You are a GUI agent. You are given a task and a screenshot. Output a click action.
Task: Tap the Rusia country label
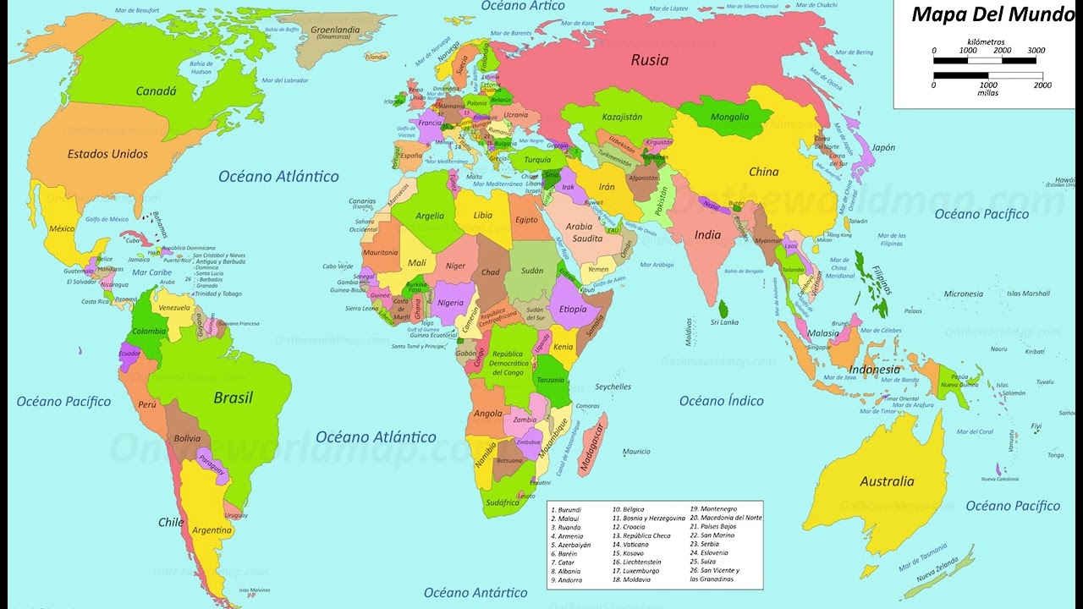pos(650,60)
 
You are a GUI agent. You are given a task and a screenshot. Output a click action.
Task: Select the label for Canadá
pos(156,91)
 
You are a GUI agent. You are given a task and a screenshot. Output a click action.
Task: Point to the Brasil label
pos(233,398)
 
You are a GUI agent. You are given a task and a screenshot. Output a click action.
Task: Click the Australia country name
pos(887,481)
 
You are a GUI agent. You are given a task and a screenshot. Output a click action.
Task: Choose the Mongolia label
pos(729,118)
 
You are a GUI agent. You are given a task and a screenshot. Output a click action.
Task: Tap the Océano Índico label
pos(721,401)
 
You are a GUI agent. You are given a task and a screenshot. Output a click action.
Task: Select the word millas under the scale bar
pos(987,93)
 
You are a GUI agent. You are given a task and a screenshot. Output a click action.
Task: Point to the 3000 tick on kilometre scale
pos(1036,51)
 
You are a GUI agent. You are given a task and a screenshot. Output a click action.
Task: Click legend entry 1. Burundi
pos(566,510)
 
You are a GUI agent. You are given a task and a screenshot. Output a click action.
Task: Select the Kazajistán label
pos(622,117)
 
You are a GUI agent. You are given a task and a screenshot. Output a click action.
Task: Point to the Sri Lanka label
pos(724,322)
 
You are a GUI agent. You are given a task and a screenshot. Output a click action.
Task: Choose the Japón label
pos(883,147)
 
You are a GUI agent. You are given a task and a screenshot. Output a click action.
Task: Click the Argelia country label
pos(429,216)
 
